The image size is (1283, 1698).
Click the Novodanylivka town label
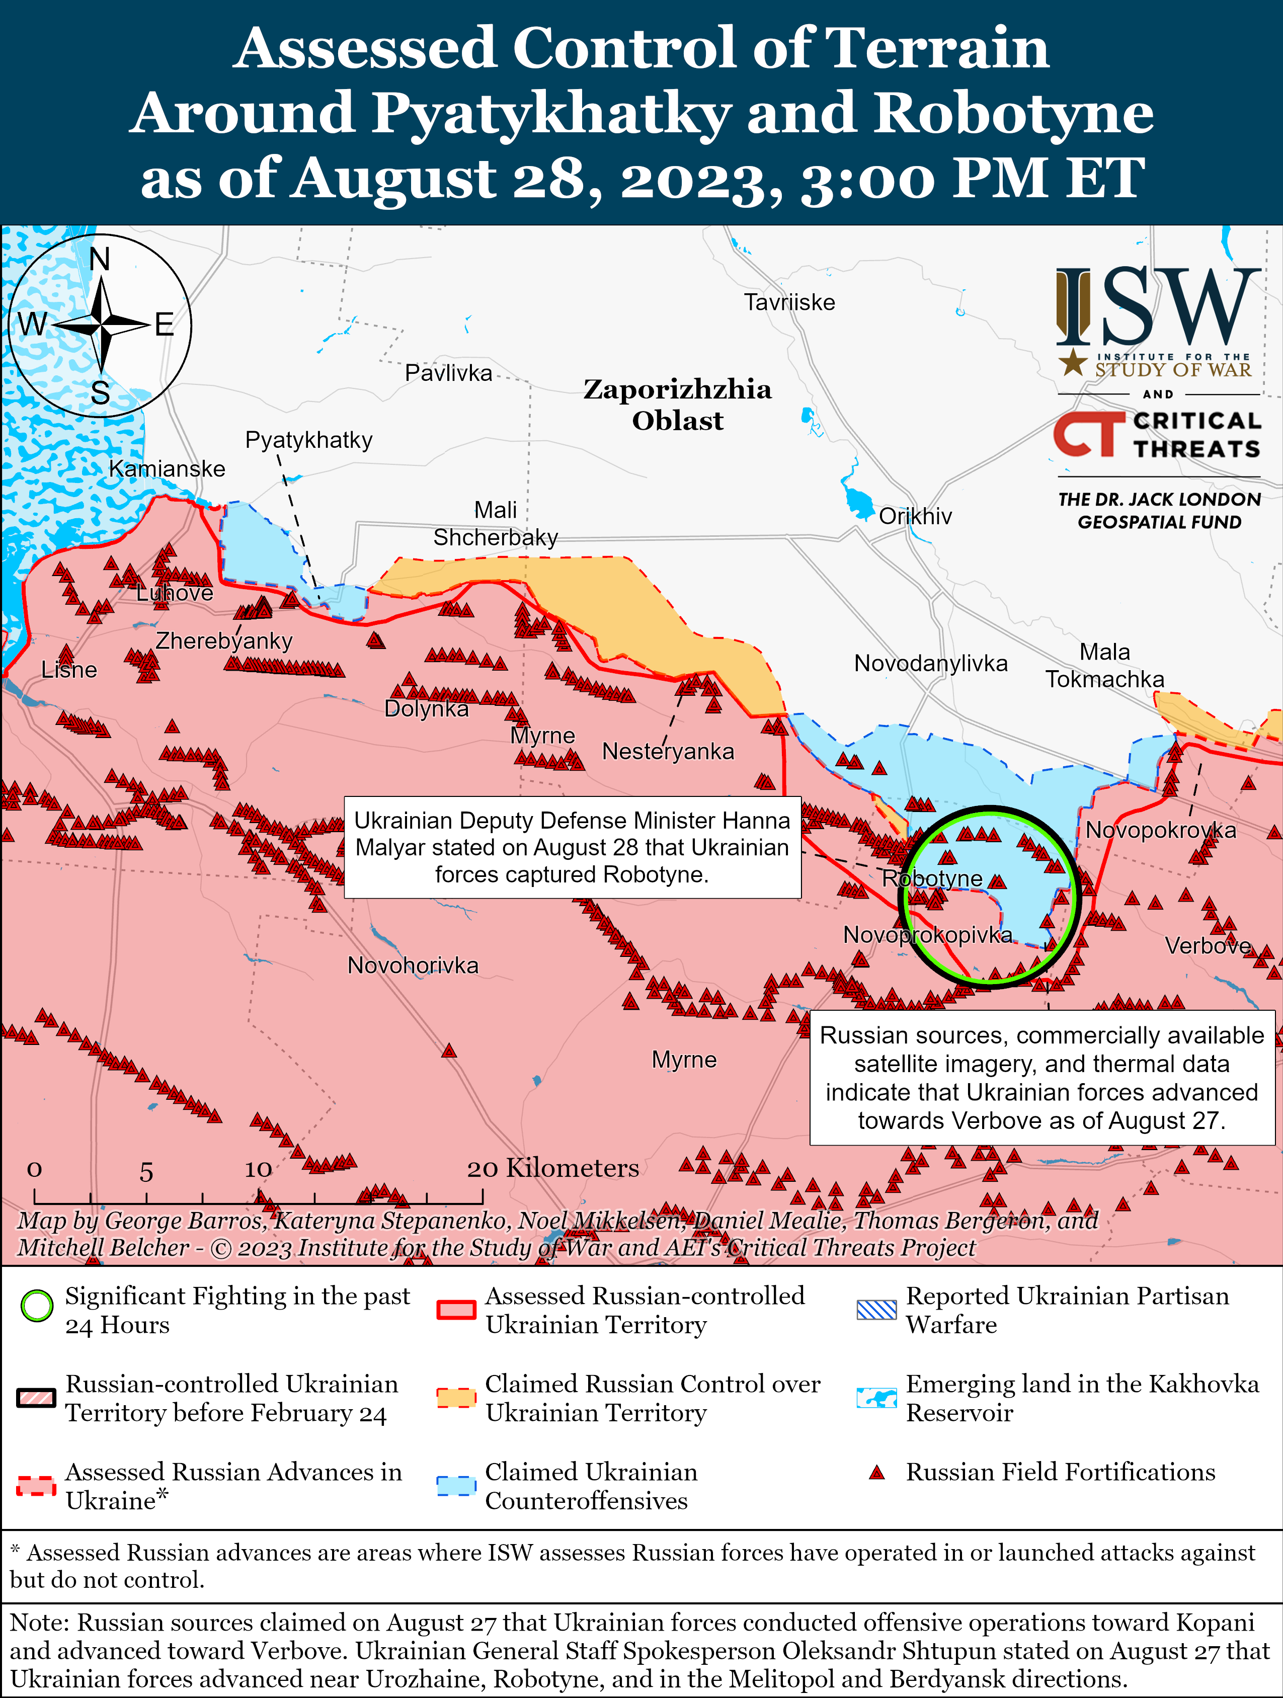931,663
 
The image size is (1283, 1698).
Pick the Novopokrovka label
1160,830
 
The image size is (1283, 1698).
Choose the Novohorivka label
413,965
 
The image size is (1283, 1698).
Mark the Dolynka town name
426,708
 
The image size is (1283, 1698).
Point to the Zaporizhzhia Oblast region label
677,405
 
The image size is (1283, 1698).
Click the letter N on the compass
100,260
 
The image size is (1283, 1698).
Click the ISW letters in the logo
1158,307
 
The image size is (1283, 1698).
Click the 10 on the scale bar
258,1169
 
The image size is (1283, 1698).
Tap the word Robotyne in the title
1013,112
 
